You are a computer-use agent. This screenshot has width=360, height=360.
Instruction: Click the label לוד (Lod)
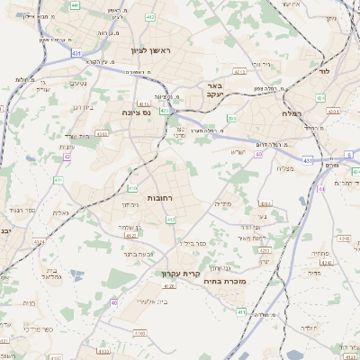(325, 69)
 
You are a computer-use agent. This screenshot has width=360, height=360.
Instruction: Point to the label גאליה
(60, 212)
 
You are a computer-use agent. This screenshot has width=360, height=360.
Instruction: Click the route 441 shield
(76, 5)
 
